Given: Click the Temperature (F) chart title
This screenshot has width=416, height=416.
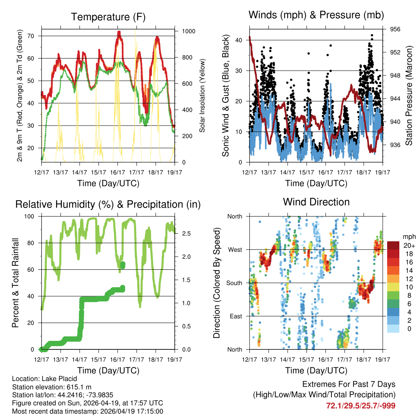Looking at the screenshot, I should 108,17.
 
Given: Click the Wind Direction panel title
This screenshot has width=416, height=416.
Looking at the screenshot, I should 316,202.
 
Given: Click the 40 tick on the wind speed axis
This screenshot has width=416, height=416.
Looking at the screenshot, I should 239,40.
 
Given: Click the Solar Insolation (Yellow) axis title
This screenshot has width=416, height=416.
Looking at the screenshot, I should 202,95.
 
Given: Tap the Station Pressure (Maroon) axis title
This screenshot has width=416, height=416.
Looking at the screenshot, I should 409,95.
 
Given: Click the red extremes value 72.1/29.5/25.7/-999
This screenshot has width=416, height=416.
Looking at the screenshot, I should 360,405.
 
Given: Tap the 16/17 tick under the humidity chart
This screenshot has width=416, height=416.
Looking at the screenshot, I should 117,359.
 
